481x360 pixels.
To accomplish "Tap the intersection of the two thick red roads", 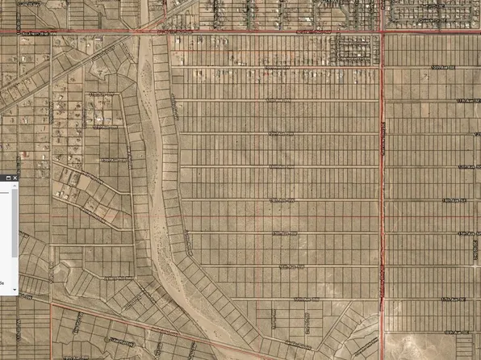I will click(382, 31).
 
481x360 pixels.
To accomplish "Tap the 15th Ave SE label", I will click(456, 199).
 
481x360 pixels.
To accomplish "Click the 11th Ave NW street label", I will click(278, 101).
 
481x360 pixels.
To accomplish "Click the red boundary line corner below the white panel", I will click(52, 305).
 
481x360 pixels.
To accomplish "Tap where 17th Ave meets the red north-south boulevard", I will click(382, 299).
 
